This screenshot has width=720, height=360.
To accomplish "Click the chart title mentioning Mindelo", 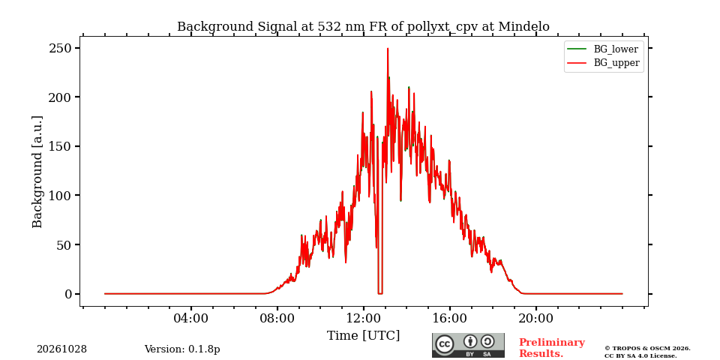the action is (x=363, y=27).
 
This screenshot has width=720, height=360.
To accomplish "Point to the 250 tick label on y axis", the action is (x=61, y=48).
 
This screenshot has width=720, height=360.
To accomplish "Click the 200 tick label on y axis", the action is (x=61, y=97).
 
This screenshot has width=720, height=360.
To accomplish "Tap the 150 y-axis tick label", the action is (x=61, y=146).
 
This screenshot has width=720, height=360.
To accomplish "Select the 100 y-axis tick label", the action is (x=61, y=195).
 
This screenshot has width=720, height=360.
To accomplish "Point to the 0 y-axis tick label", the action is (x=69, y=294).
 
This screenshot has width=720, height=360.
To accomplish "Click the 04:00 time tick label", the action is (x=190, y=318).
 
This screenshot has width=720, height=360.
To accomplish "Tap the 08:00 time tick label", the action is (x=277, y=318).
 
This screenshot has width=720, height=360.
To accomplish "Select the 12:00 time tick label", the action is (x=363, y=318).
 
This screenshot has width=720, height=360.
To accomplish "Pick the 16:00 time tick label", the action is (x=449, y=318).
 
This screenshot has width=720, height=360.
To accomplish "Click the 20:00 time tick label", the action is (x=535, y=318).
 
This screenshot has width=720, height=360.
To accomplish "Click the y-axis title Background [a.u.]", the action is (x=37, y=172).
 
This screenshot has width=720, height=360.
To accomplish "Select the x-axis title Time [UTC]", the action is (x=363, y=336).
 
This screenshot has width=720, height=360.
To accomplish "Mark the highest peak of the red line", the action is (x=388, y=49).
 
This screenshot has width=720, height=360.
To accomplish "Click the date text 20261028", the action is (x=62, y=349).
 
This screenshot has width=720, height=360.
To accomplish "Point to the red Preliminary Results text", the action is (x=552, y=347).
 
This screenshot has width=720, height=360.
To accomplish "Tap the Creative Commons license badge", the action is (x=468, y=345).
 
